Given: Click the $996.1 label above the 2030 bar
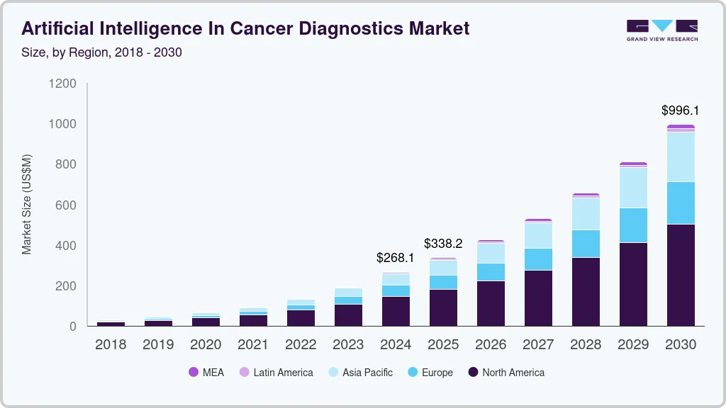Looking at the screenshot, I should pos(680,110).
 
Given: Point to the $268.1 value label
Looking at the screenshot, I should pos(396,258).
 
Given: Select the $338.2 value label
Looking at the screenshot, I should pos(443,244).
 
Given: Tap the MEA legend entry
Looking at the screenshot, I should pos(206,372).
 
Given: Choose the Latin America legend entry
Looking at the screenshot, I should pos(277,372).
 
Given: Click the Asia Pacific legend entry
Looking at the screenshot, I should pos(360,372).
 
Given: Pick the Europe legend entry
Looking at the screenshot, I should pos(430,372).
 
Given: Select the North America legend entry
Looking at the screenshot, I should pos(506,372).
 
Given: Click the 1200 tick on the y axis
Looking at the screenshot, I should pos(62,84).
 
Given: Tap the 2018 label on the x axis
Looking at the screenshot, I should pos(111,345).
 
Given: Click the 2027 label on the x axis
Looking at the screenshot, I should pos(538,345).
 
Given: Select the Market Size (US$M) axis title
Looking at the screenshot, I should pos(27,204).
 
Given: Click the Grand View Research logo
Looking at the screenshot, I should pos(661,30).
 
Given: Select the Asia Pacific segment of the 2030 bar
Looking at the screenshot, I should pos(681,157).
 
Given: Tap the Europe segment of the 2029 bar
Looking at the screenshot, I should pos(633,225).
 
